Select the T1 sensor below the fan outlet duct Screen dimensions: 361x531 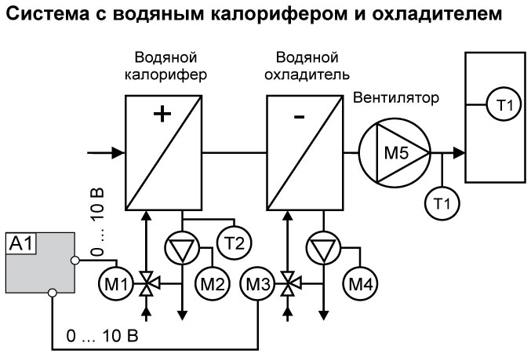[442, 203]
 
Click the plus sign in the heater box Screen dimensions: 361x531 [162, 115]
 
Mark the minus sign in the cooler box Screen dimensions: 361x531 [299, 117]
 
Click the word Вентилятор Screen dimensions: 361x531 [395, 99]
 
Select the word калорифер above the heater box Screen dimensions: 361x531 [165, 75]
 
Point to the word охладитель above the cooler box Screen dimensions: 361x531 [307, 75]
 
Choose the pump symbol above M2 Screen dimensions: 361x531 [180, 249]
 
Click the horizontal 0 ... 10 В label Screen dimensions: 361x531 [102, 336]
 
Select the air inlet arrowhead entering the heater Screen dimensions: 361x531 [120, 151]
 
